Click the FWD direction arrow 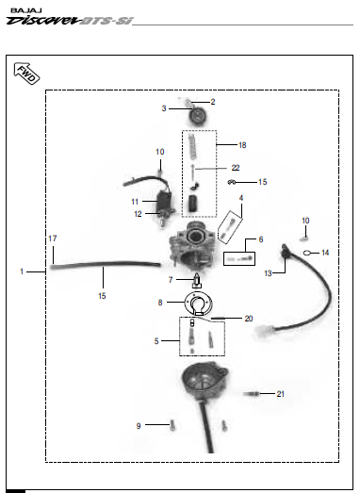point(26,74)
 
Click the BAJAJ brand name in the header point(26,10)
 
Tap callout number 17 point(53,238)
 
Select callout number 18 point(242,145)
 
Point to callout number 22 point(236,168)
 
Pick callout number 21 point(281,394)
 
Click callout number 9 point(139,426)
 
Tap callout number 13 point(268,273)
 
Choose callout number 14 point(325,253)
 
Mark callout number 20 point(249,319)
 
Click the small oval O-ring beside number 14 point(307,253)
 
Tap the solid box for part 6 point(239,259)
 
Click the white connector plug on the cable point(265,331)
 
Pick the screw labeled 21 point(252,394)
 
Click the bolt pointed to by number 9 point(172,425)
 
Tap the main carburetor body point(193,246)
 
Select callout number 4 point(241,198)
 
